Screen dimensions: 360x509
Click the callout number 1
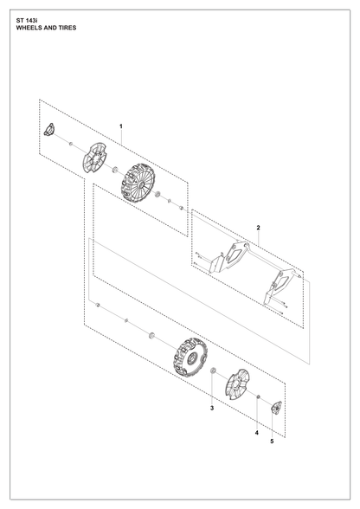pyautogui.click(x=121, y=126)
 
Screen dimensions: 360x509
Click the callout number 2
pyautogui.click(x=259, y=228)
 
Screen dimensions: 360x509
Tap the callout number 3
pyautogui.click(x=212, y=408)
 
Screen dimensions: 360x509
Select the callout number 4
pyautogui.click(x=256, y=433)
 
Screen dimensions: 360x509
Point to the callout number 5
pyautogui.click(x=272, y=441)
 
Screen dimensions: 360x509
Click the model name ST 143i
pyautogui.click(x=27, y=21)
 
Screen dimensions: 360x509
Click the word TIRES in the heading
pyautogui.click(x=67, y=28)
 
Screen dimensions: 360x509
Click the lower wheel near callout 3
pyautogui.click(x=190, y=358)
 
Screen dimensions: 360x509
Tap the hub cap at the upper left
pyautogui.click(x=49, y=129)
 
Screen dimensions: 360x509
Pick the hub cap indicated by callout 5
pyautogui.click(x=276, y=408)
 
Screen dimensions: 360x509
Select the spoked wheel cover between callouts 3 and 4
pyautogui.click(x=238, y=384)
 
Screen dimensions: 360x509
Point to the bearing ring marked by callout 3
pyautogui.click(x=213, y=370)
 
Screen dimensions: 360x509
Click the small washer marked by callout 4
pyautogui.click(x=259, y=396)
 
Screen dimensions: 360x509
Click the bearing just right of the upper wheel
pyautogui.click(x=158, y=194)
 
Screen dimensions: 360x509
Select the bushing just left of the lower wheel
pyautogui.click(x=151, y=336)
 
